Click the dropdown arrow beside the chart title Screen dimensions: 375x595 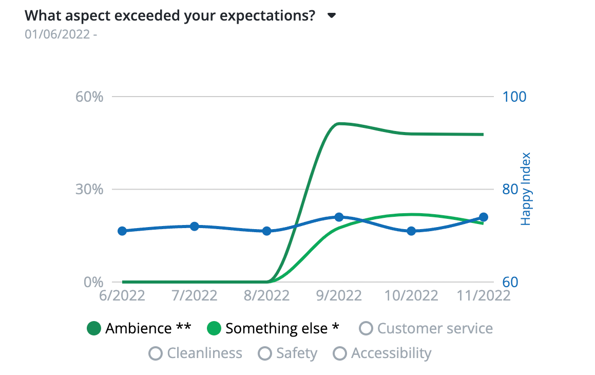point(332,15)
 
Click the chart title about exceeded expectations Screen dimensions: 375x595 point(170,15)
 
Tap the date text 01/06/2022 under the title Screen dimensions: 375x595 point(59,34)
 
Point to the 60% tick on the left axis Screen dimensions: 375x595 point(90,97)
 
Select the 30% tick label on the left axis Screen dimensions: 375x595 point(90,190)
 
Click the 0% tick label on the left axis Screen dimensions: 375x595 point(93,282)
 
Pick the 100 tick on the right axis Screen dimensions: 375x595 point(514,97)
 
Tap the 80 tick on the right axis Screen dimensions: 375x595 point(510,190)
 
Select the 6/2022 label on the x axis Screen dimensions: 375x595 point(122,296)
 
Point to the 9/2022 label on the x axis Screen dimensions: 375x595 point(339,296)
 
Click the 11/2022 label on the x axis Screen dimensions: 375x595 point(483,296)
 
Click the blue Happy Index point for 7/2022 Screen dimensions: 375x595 point(195,227)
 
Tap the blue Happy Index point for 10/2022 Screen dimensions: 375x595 point(411,231)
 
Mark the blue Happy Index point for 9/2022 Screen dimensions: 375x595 point(339,217)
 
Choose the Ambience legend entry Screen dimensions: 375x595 point(139,329)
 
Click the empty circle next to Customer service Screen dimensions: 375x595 point(366,328)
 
